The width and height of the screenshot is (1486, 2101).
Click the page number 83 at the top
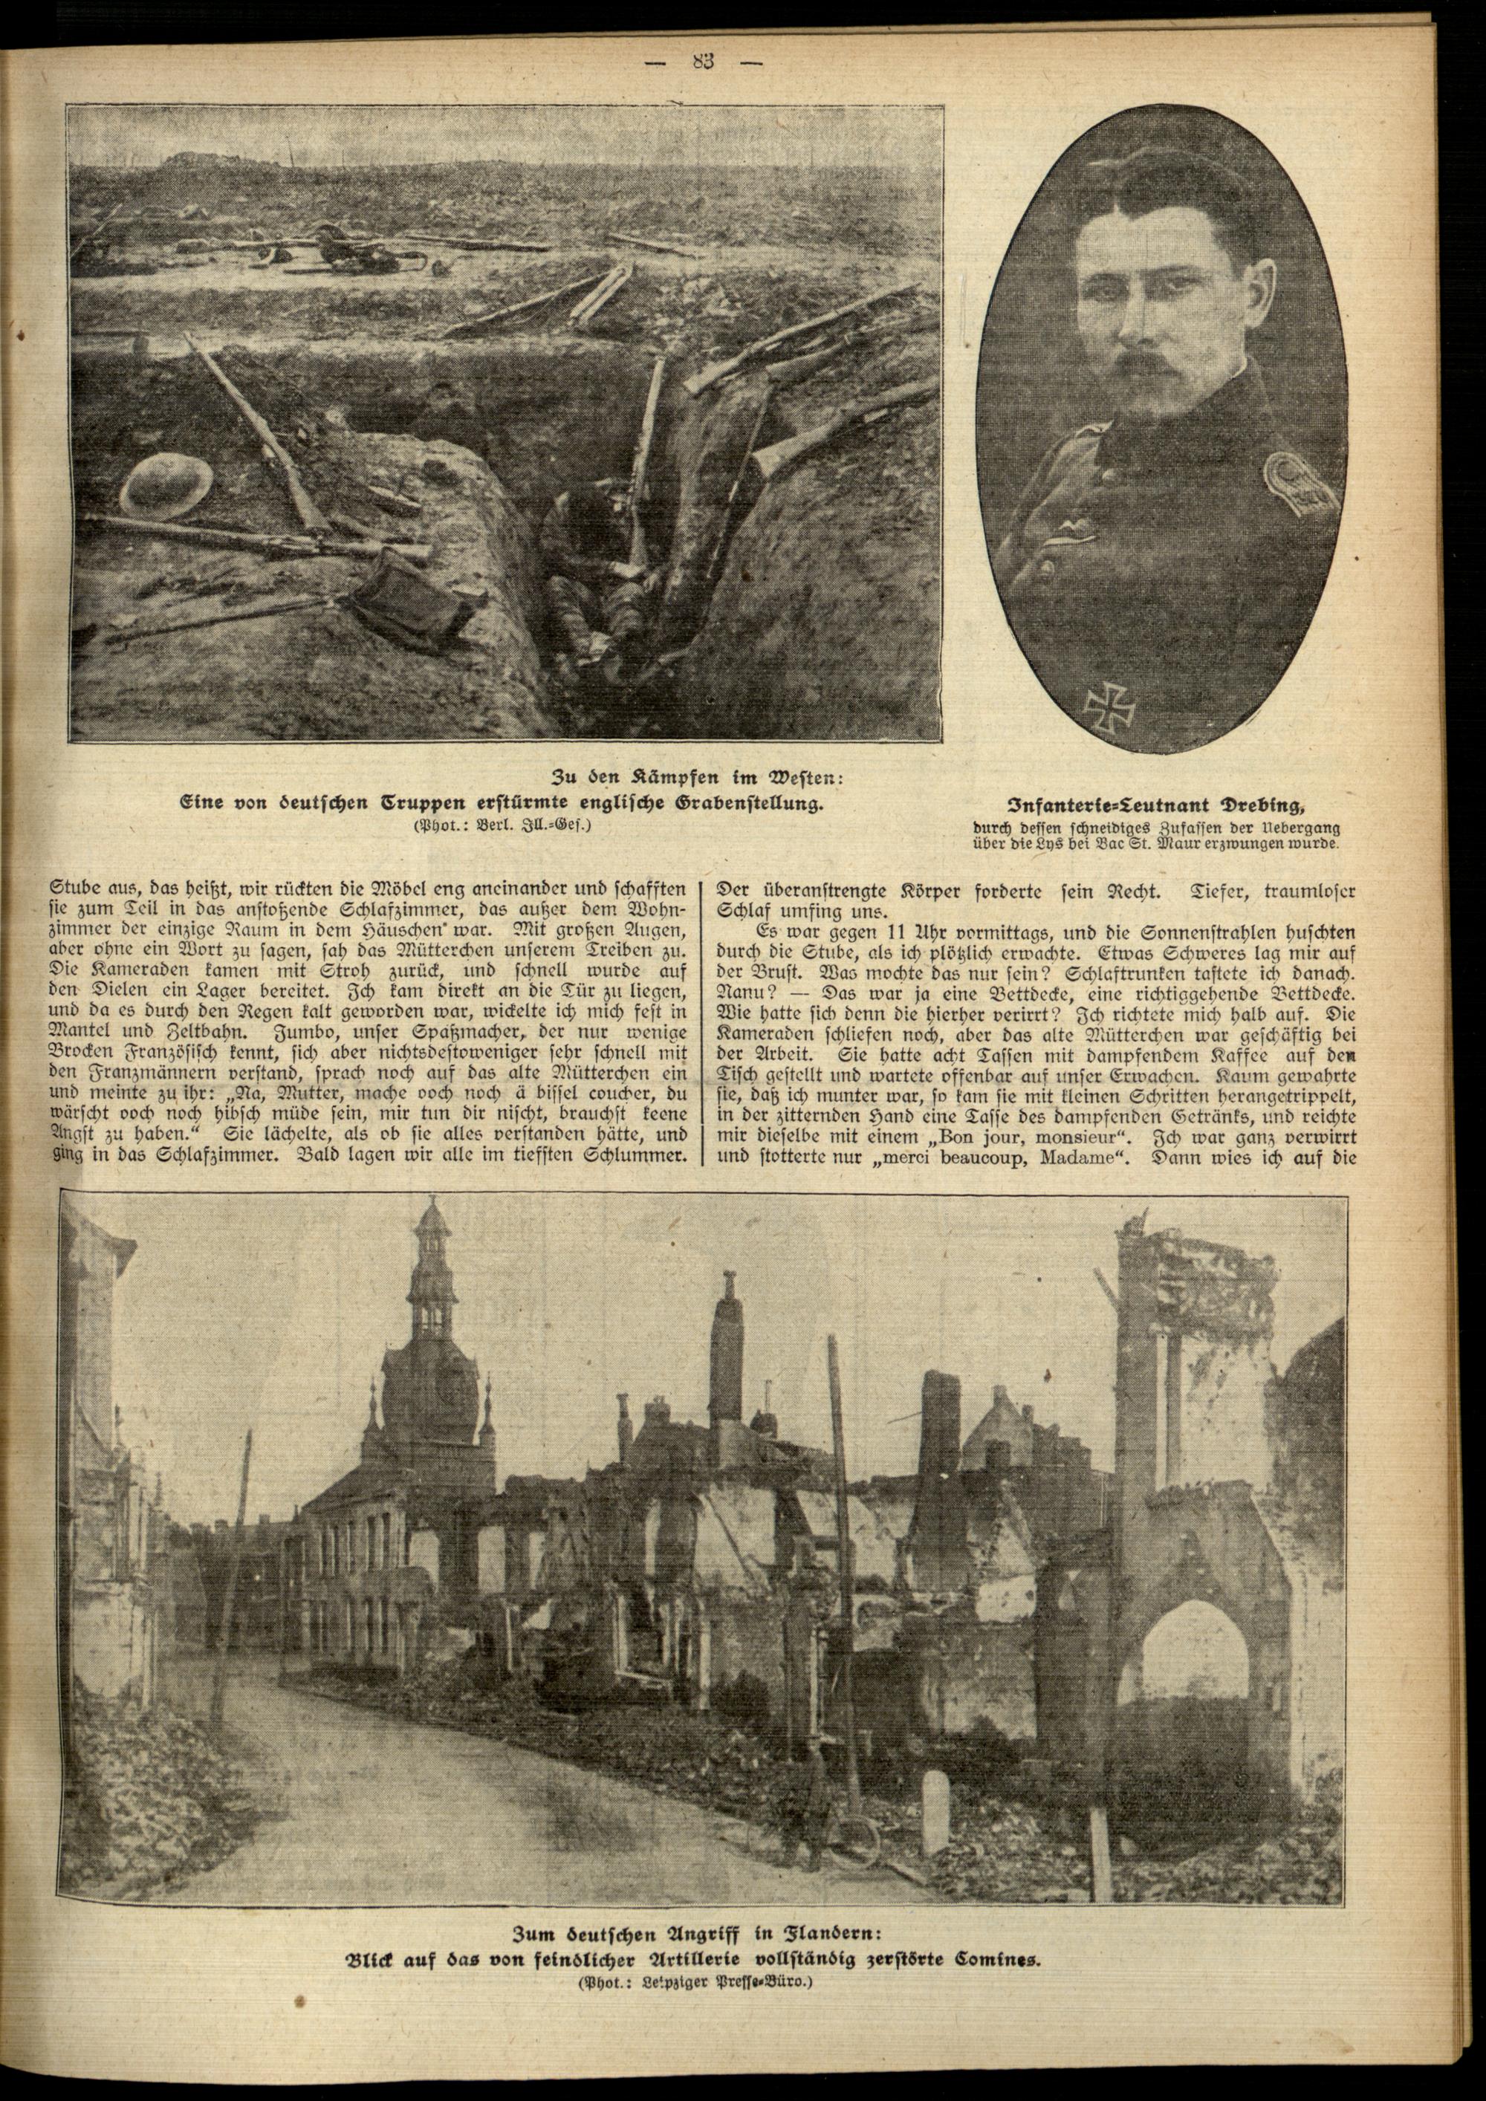tap(704, 62)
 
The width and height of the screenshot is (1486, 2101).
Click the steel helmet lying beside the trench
tap(167, 485)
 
